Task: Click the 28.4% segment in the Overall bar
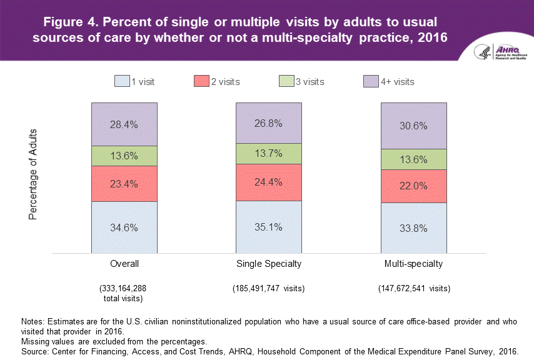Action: coord(124,124)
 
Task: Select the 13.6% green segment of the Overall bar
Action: coord(124,156)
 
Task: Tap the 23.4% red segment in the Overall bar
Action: coord(124,184)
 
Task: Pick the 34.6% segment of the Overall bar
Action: coord(124,227)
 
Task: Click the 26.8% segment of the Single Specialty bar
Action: coord(268,122)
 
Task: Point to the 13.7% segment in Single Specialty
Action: coord(268,154)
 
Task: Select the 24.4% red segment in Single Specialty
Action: coord(268,182)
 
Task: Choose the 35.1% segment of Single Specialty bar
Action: coord(268,227)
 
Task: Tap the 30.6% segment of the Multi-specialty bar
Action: coord(413,126)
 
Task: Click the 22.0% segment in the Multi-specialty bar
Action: coord(413,186)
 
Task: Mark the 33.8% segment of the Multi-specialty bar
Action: coord(413,228)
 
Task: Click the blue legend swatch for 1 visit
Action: coord(121,81)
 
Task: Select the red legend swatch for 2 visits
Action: coord(201,81)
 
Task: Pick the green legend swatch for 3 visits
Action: coord(286,81)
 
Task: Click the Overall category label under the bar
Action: coord(124,264)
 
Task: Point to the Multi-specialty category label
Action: coord(413,264)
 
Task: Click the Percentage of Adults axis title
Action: coord(33,174)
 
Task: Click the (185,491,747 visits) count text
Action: coord(268,289)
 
